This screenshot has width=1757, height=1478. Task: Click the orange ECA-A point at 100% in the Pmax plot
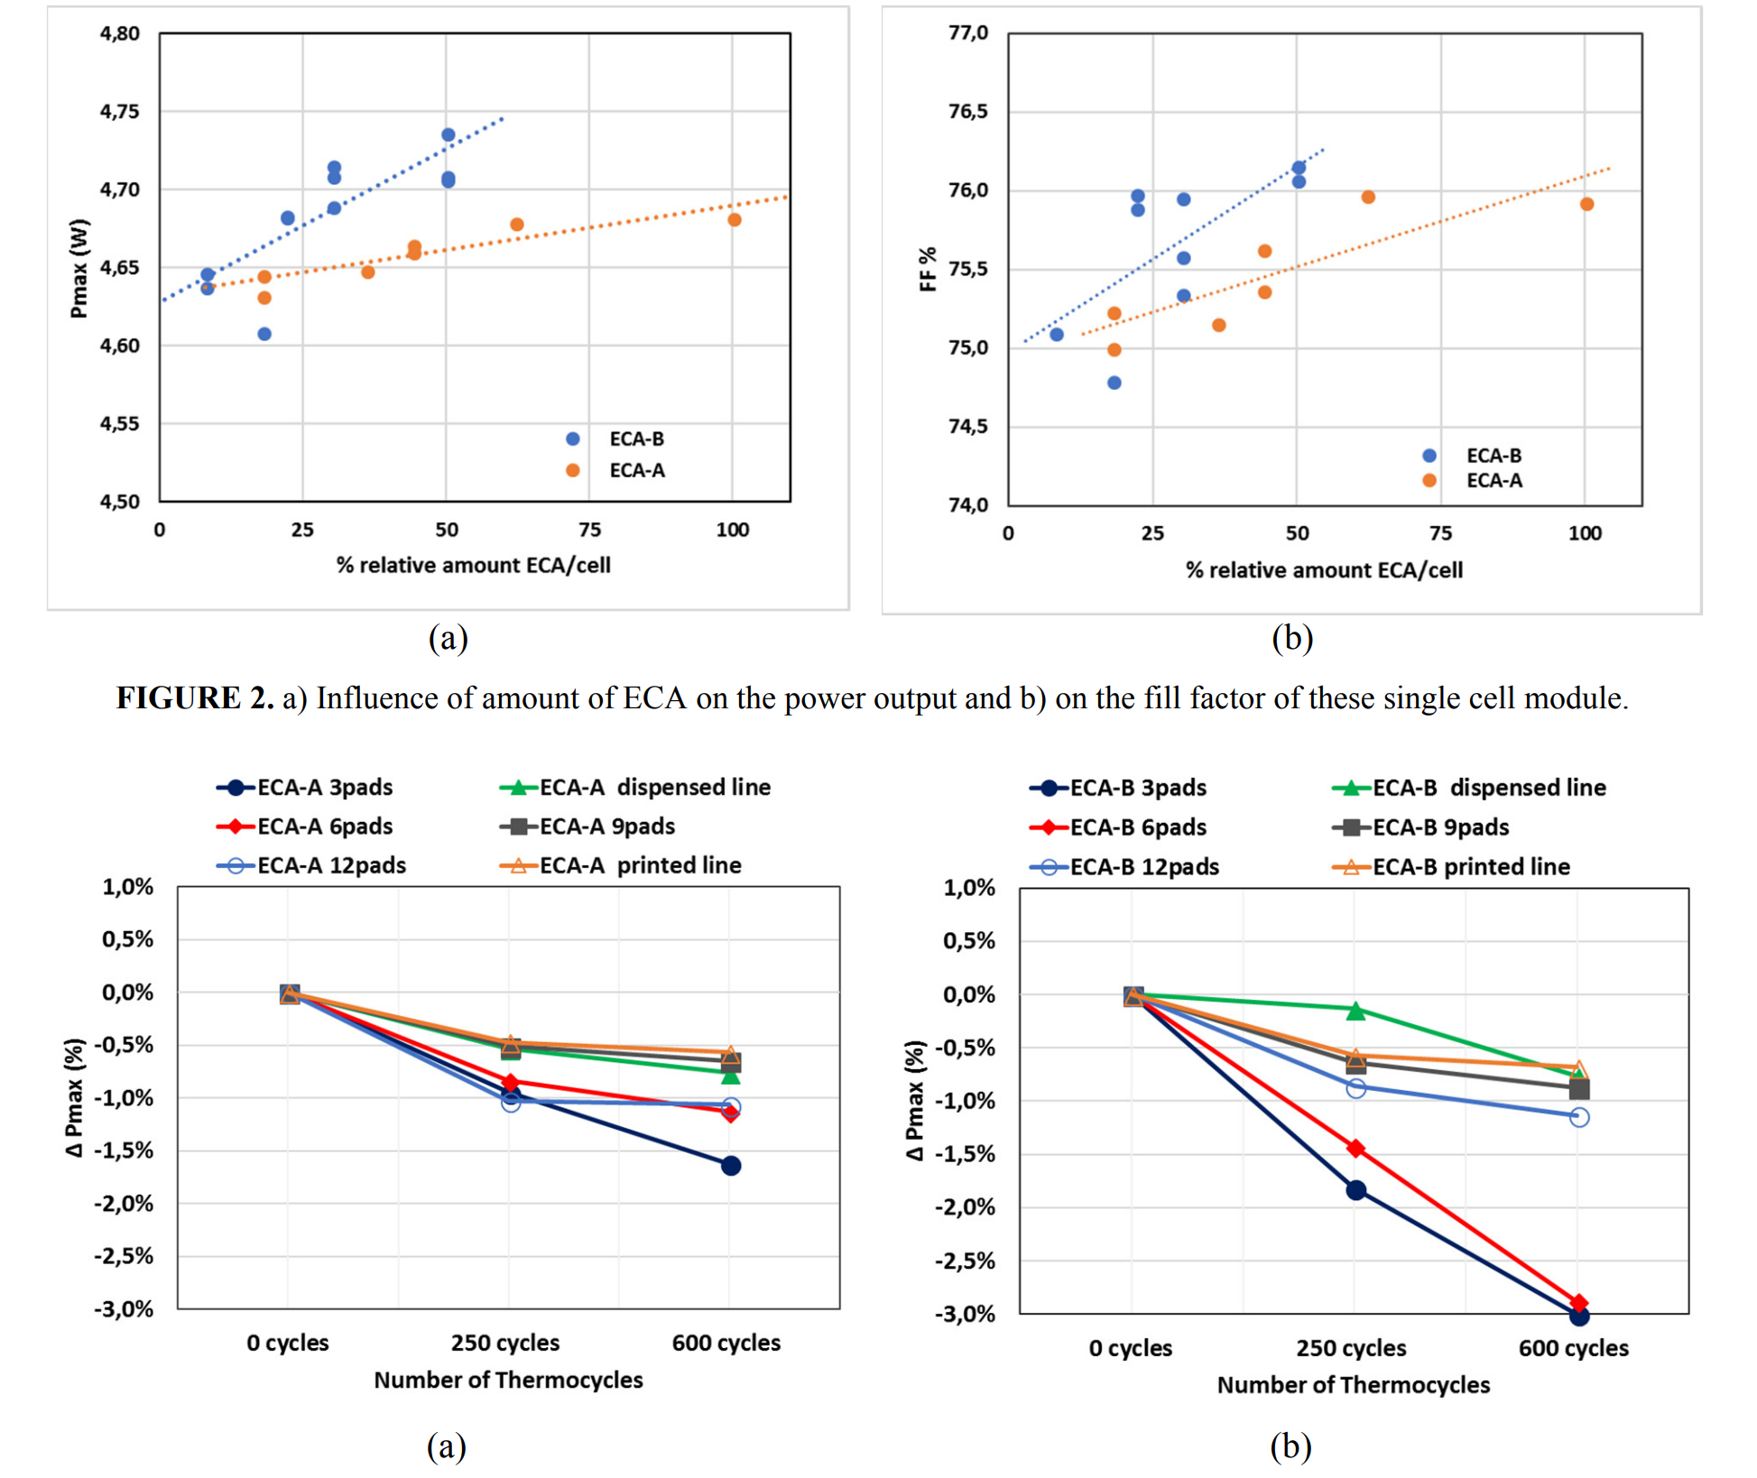735,220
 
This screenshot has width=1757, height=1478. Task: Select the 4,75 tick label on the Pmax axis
119,112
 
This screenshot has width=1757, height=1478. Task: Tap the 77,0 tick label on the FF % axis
968,33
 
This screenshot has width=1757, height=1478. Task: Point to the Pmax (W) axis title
79,268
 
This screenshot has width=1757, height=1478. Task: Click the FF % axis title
928,269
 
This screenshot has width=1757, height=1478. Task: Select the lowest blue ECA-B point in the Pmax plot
264,334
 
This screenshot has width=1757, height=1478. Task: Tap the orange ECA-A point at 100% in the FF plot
1586,205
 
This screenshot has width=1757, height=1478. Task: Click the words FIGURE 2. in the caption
195,698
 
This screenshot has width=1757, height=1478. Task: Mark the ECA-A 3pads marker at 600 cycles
731,1166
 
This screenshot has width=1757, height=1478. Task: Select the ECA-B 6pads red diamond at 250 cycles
1355,1149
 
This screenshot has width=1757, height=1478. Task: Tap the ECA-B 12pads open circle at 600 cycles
1579,1118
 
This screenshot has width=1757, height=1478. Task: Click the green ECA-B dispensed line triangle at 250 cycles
1355,1012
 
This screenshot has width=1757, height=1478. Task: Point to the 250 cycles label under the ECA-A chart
505,1343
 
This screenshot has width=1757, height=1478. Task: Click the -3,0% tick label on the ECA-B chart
965,1314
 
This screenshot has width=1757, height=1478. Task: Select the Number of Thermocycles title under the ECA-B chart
1353,1385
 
